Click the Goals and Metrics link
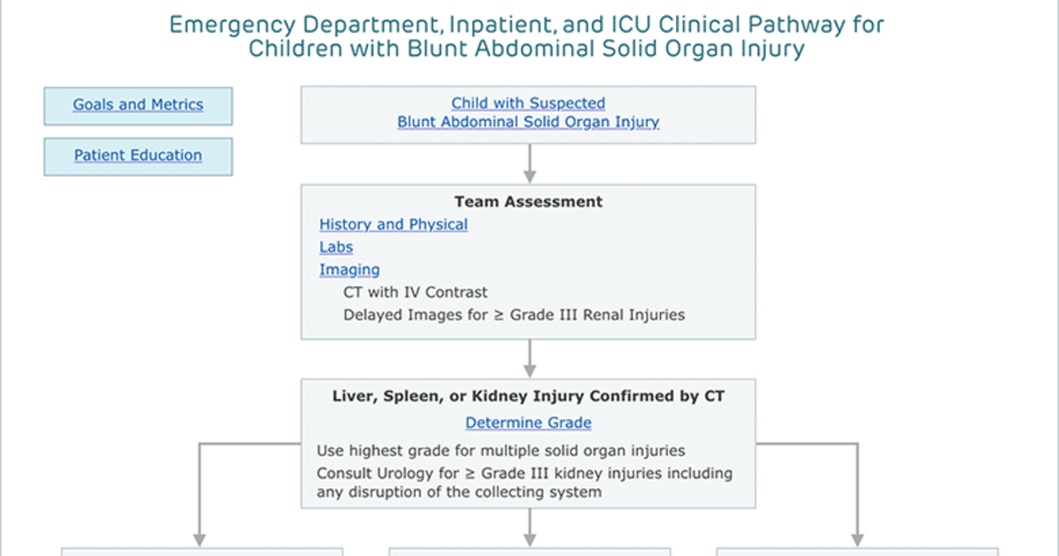tap(138, 104)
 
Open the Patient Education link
tap(138, 155)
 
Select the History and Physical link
tap(394, 224)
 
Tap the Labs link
tap(336, 247)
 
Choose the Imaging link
tap(349, 270)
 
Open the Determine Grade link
tap(528, 422)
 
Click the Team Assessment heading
tap(529, 202)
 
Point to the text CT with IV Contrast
tap(415, 292)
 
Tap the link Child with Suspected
tap(528, 103)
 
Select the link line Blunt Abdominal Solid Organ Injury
tap(528, 122)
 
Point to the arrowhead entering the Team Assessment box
tap(529, 177)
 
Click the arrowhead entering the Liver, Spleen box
tap(529, 372)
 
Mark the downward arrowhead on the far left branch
tap(199, 540)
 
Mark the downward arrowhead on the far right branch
tap(857, 540)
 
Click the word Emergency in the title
tap(232, 25)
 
